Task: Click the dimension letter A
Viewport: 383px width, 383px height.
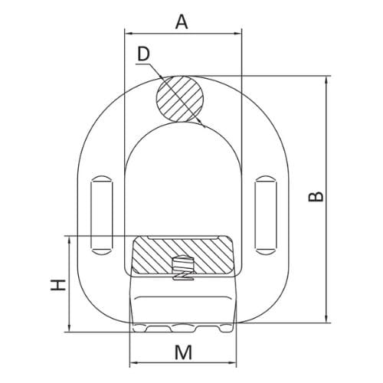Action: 182,21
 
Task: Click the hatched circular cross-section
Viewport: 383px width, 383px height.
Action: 182,99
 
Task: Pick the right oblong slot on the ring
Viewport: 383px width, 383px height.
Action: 266,214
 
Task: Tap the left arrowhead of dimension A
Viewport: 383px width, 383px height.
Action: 127,33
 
